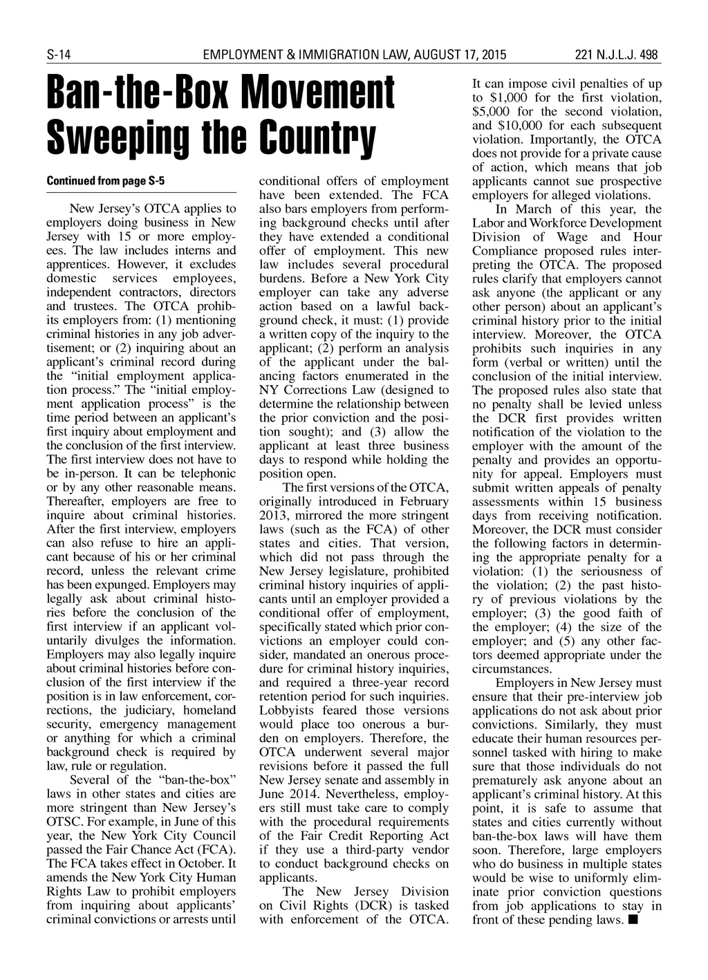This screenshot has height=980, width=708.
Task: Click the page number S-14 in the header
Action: [59, 55]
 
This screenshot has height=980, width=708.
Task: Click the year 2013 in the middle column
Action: [274, 515]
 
